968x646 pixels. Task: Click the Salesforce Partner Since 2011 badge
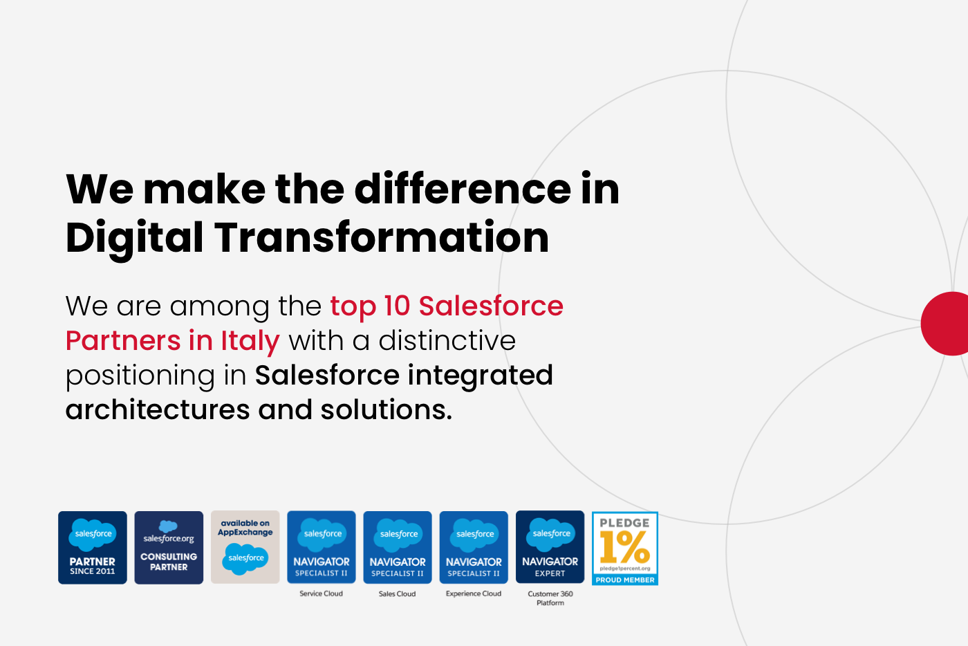[x=93, y=547]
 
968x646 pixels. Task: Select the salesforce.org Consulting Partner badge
[x=169, y=547]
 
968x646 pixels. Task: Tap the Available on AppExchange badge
[x=245, y=547]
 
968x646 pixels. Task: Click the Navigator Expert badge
[x=550, y=547]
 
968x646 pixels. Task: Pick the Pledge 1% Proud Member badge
[x=625, y=548]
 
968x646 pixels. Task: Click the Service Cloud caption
[x=321, y=593]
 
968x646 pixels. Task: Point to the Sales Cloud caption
[x=397, y=593]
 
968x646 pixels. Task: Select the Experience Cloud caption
[x=474, y=593]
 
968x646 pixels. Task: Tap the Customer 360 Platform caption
[x=550, y=598]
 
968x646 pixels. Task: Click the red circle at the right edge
[x=947, y=324]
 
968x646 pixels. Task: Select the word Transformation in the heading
[x=382, y=237]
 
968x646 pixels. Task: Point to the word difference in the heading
[x=463, y=188]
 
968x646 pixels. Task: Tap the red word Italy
[x=250, y=341]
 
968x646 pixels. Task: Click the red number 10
[x=397, y=306]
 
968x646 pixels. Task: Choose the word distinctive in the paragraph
[x=447, y=340]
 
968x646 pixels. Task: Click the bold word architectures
[x=158, y=409]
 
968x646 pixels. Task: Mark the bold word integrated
[x=481, y=376]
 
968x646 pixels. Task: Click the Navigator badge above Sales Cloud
[x=398, y=547]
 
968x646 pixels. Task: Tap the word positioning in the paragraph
[x=140, y=376]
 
